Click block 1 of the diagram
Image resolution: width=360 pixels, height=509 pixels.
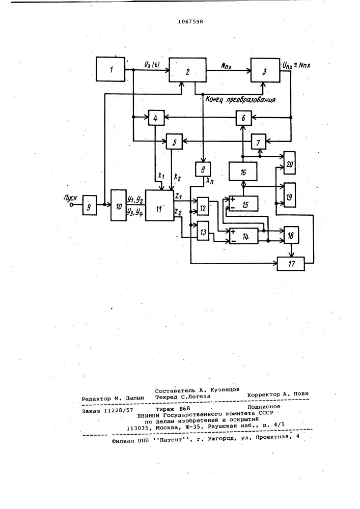tap(110, 69)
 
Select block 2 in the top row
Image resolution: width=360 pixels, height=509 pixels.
tap(187, 70)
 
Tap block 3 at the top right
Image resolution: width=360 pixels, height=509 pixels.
tap(265, 70)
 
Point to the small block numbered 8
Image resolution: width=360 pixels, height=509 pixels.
tap(203, 169)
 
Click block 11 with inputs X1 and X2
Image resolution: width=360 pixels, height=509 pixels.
tap(159, 206)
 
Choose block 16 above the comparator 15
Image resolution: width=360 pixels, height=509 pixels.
tap(243, 172)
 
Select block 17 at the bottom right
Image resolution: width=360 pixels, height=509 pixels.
tap(291, 263)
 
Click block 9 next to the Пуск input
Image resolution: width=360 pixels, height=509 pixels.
tap(89, 205)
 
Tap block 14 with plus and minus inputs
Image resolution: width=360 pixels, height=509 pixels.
tap(243, 236)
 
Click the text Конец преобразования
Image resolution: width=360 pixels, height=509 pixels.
tap(240, 99)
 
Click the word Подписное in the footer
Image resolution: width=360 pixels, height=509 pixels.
tap(264, 406)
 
